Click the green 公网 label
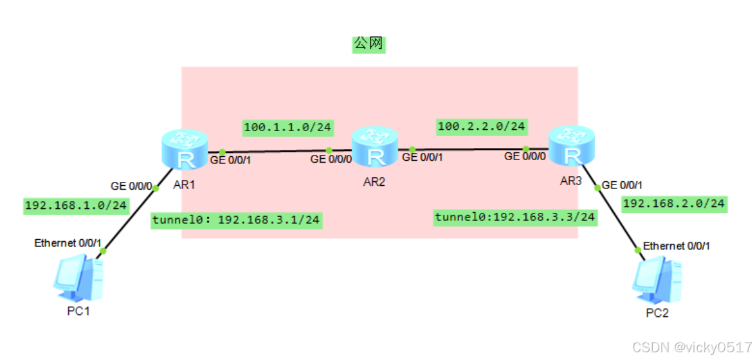(x=368, y=44)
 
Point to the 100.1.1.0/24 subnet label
(x=287, y=127)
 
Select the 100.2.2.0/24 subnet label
(x=481, y=127)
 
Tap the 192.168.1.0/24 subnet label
(x=76, y=206)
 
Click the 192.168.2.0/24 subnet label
(x=675, y=203)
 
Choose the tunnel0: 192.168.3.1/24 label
(x=236, y=221)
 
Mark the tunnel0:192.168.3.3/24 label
(x=515, y=217)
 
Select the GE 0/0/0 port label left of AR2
(x=331, y=159)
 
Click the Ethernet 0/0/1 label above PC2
(x=677, y=246)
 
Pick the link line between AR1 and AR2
(x=277, y=152)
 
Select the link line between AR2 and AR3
(x=469, y=149)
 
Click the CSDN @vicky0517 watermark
(x=691, y=347)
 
